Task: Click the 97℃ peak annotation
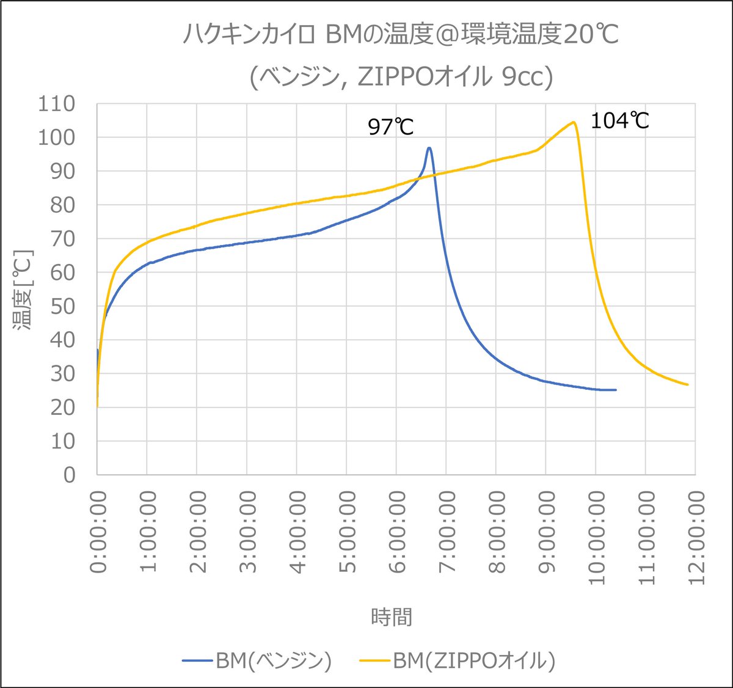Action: [391, 127]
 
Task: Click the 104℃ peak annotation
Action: [619, 121]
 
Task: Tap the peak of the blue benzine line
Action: [429, 148]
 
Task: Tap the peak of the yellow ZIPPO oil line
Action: [574, 122]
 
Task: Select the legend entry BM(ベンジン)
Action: [257, 661]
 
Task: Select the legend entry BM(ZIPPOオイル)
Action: [458, 661]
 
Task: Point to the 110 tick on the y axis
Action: [57, 104]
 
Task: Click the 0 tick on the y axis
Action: [69, 475]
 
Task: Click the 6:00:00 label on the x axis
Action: [397, 532]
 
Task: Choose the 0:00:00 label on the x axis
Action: [98, 532]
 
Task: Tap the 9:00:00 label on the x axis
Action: [547, 532]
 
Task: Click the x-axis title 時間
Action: [392, 617]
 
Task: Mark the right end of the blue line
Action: [616, 390]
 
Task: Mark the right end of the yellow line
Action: [688, 384]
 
